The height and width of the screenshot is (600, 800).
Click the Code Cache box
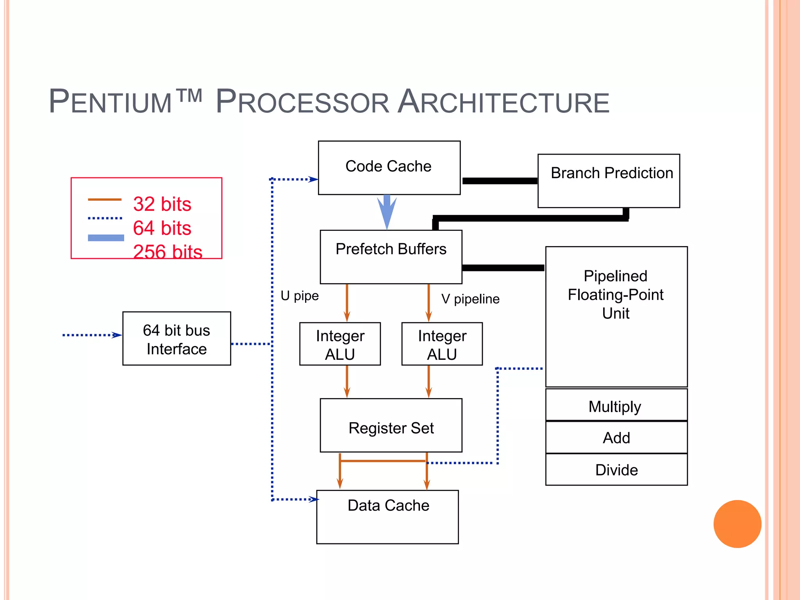(x=389, y=168)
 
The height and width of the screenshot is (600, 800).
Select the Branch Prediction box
(x=609, y=180)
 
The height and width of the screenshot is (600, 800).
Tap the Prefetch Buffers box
(x=391, y=257)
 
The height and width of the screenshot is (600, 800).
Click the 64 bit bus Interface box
(x=177, y=338)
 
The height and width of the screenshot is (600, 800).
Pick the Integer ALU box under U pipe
(x=340, y=344)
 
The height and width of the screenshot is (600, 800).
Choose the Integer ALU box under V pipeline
(x=442, y=344)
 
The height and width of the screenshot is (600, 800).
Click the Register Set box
(x=391, y=425)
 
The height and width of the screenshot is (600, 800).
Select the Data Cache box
(x=387, y=517)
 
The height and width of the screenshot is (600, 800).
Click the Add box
(x=616, y=437)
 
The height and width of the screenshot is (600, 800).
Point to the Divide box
(x=616, y=470)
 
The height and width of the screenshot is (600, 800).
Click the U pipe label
(x=300, y=296)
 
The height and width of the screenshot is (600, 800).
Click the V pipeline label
(x=470, y=299)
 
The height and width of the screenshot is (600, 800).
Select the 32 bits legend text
(x=162, y=204)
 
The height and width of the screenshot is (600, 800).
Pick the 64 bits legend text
(x=162, y=228)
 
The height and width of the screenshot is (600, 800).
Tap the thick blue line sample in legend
(x=106, y=237)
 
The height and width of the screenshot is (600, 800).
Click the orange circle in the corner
(x=737, y=524)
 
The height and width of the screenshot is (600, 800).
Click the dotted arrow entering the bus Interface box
(x=92, y=335)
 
